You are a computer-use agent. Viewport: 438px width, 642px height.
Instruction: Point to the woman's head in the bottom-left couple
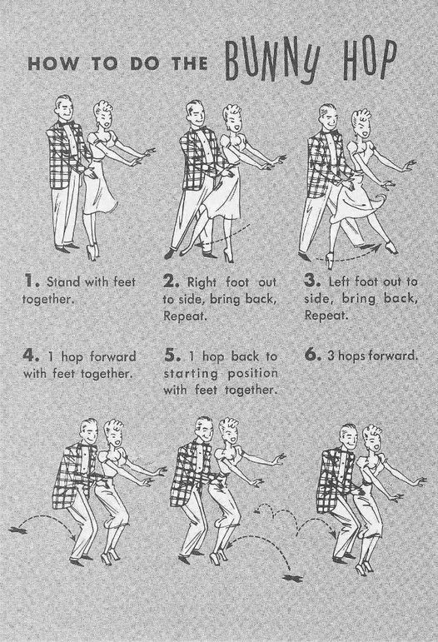[x=113, y=434]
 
